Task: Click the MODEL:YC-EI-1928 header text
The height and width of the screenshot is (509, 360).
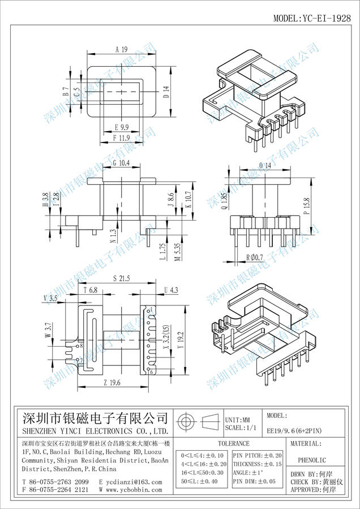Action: [312, 18]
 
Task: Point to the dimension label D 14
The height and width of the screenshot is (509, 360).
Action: [166, 92]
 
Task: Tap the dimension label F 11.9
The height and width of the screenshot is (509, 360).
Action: [122, 137]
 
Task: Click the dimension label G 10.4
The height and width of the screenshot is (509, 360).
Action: [121, 163]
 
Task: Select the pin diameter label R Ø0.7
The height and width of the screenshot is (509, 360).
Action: [255, 258]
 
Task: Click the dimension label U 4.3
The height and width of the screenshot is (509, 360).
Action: [170, 290]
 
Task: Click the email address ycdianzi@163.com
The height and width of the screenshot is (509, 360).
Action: [130, 482]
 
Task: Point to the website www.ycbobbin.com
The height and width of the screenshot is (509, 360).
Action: [130, 490]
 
